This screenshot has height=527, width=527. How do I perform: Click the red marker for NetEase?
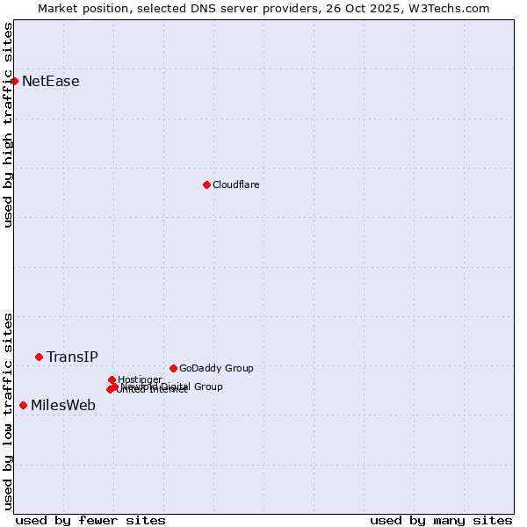pos(14,81)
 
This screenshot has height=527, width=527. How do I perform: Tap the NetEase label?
pos(50,82)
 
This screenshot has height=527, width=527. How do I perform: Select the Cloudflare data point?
pos(206,184)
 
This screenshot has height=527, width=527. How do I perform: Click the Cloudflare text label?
pos(235,184)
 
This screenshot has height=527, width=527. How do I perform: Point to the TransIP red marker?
pos(39,357)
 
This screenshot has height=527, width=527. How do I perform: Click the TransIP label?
pos(72,357)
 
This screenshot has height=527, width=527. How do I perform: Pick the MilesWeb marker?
pos(23,405)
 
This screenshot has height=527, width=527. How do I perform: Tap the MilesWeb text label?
pos(63,406)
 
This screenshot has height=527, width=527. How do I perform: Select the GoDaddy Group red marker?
pos(173,368)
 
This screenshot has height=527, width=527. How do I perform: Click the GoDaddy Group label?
pos(216,369)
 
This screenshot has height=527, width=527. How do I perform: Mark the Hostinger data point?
pos(112,379)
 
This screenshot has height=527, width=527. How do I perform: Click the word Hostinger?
pos(140,379)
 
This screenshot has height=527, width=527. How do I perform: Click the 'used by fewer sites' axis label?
pos(90,521)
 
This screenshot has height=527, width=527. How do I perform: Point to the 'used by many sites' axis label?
pos(441,521)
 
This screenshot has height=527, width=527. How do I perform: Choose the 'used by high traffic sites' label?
pos(8,125)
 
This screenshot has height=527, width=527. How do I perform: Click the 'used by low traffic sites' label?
pos(8,410)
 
